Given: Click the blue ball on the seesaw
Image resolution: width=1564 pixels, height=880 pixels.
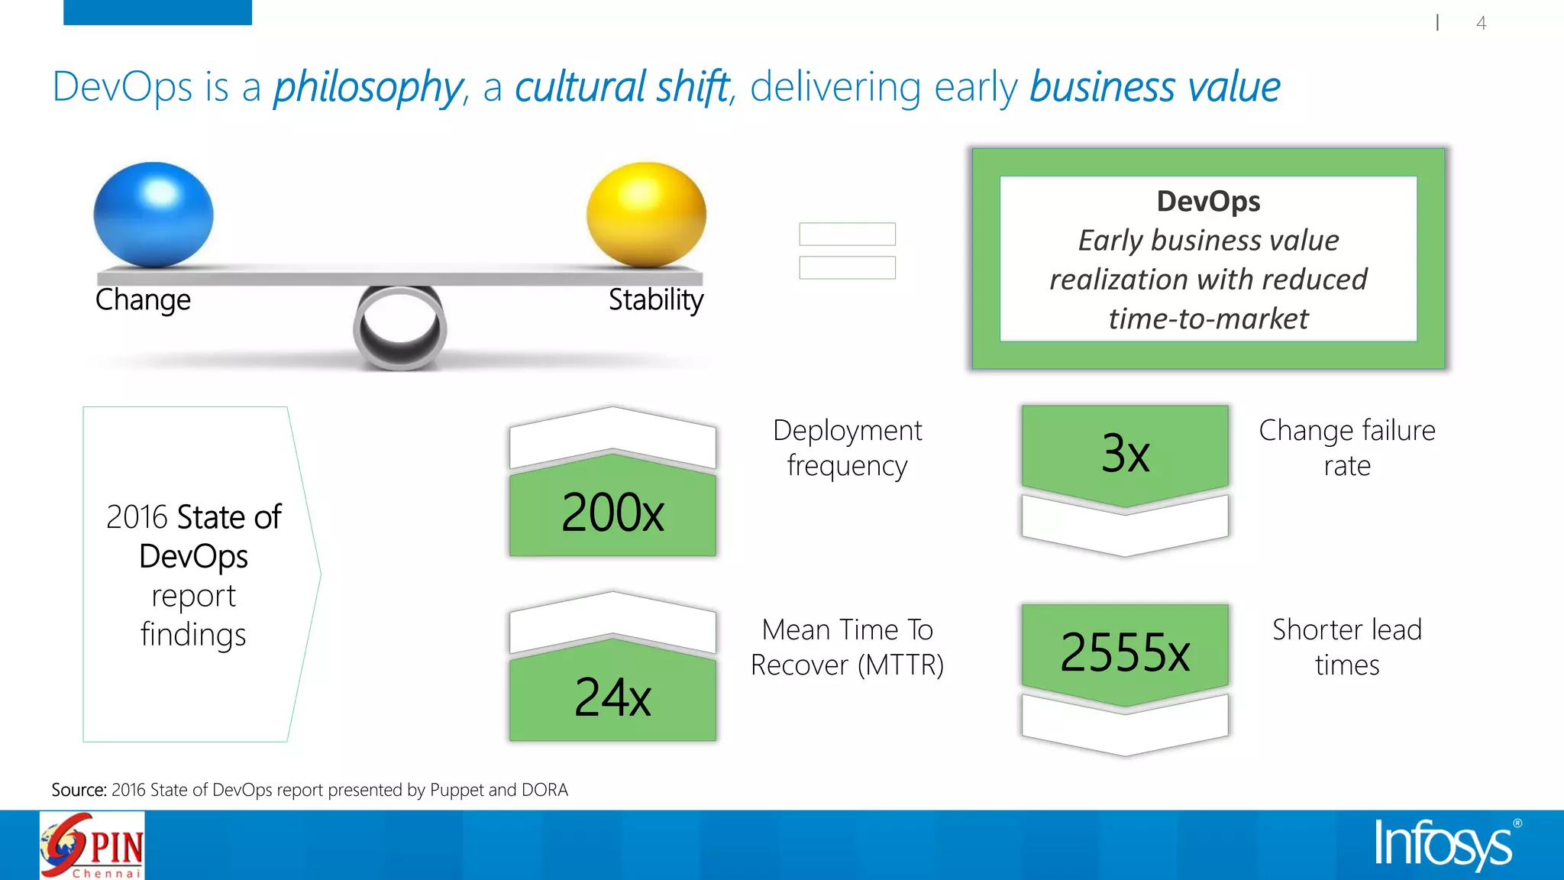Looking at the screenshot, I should pos(153,215).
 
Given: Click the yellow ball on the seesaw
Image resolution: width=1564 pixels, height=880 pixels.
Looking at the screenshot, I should pos(646,215).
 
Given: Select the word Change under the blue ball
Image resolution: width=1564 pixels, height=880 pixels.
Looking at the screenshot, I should pos(143,300).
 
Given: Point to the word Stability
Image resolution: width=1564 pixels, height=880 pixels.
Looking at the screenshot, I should pos(655,300).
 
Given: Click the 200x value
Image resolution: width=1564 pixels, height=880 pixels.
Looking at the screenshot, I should pos(612,512).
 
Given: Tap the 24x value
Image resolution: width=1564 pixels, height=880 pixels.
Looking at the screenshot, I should pos(612,697).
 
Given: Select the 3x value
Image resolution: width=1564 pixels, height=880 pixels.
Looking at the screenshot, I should pos(1125,453).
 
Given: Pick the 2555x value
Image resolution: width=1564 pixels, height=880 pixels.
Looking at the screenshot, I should pos(1125,652).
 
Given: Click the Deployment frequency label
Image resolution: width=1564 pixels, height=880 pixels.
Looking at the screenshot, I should pos(847,448).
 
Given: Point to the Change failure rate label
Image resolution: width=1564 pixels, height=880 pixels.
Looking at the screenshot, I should pos(1347,448).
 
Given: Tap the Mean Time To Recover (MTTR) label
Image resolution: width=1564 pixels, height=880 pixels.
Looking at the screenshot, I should pos(847,647).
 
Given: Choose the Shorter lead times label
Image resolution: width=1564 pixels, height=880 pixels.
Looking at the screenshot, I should pos(1347,647).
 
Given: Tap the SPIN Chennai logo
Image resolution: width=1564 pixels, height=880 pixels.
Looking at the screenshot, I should pos(92,846).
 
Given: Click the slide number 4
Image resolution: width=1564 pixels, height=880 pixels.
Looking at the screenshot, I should pos(1481,23).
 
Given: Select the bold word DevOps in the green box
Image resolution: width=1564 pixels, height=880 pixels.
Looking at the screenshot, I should pos(1208,202).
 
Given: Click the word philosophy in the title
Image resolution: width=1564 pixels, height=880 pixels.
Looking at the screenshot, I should pos(368,87).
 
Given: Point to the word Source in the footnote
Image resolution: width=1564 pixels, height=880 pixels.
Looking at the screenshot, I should pos(78,790).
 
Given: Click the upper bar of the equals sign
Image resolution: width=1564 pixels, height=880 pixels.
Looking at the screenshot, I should pos(847,234).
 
